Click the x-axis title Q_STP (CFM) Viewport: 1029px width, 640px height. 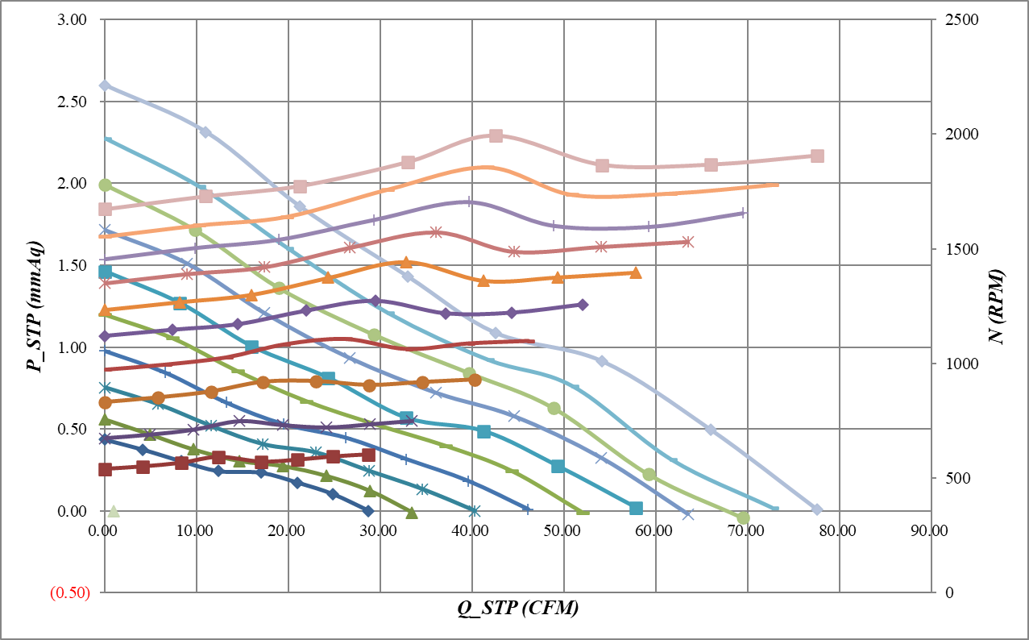tap(518, 609)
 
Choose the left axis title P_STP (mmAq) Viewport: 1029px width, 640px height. tap(34, 305)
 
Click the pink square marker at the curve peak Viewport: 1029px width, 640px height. tap(496, 135)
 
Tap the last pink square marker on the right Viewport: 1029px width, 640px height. tap(817, 156)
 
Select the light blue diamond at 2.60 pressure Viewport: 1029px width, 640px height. tap(105, 85)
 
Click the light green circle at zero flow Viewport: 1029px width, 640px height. tap(105, 185)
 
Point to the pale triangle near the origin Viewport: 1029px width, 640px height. tap(114, 511)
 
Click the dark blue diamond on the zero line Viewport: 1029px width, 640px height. tap(368, 510)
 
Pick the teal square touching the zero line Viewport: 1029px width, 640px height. tap(636, 508)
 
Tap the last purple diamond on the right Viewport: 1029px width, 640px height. tap(583, 305)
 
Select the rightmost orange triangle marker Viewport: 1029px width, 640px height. tap(636, 272)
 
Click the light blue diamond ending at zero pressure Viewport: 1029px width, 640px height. tap(817, 509)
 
